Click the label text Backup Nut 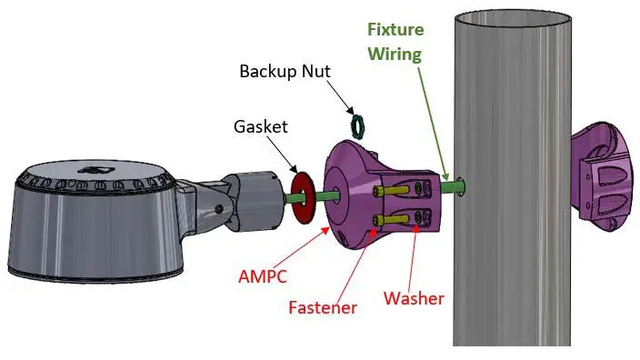click(285, 72)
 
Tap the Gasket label click(260, 126)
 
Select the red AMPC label click(263, 276)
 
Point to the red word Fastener click(323, 307)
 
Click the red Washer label click(414, 298)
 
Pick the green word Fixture click(395, 29)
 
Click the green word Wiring click(395, 55)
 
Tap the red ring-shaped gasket click(303, 198)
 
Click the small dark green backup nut click(358, 127)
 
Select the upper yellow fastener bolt click(393, 190)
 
